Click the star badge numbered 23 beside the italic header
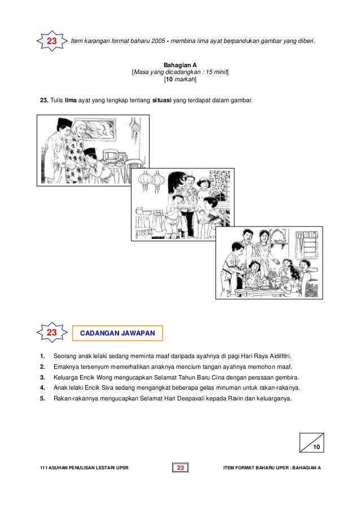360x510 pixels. click(52, 41)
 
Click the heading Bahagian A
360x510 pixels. click(180, 65)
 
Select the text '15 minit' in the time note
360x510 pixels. click(216, 72)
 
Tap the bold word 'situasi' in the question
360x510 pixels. click(162, 100)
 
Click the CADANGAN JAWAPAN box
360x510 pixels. click(117, 333)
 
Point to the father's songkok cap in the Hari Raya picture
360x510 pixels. click(65, 123)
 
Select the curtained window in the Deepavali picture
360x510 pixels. click(306, 244)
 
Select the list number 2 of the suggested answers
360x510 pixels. click(42, 367)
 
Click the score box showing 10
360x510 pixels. click(312, 442)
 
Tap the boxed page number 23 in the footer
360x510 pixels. click(181, 468)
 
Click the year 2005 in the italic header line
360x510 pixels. click(158, 41)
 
